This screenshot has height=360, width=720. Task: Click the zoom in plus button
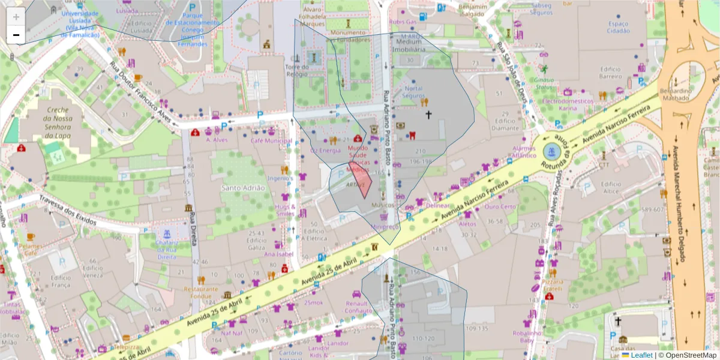(x=16, y=17)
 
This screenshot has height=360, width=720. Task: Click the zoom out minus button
(x=16, y=35)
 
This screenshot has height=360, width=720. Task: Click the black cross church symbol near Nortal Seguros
(x=428, y=114)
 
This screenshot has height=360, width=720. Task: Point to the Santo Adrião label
(x=243, y=188)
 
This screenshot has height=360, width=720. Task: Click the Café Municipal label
(x=271, y=140)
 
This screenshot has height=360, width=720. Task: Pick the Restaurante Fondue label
(x=201, y=292)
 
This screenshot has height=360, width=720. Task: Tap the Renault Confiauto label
(x=359, y=307)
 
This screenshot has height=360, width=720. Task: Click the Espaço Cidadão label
(x=618, y=26)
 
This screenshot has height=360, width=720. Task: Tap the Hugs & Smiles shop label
(x=285, y=209)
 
